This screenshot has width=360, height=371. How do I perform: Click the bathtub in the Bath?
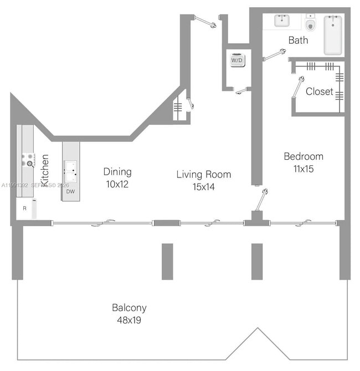point(333,34)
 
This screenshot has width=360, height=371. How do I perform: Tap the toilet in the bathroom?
point(310,24)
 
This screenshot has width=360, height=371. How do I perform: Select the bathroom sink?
point(282,21)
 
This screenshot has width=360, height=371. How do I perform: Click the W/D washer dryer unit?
point(236,59)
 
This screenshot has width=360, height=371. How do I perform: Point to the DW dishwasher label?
point(70,191)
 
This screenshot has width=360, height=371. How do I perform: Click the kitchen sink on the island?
point(70,167)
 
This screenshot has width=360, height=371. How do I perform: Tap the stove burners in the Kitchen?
point(27,161)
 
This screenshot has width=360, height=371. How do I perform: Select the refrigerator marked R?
point(25,209)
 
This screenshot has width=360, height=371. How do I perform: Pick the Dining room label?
point(117,172)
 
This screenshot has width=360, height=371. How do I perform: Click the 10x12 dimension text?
point(117,184)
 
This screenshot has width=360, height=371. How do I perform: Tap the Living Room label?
point(204,175)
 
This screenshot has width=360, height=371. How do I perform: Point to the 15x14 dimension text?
point(204,187)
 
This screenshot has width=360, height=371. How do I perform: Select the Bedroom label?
point(304,156)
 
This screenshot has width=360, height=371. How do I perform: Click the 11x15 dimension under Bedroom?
point(304,169)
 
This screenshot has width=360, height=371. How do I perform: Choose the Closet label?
point(320,92)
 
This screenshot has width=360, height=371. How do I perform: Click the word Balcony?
point(129,308)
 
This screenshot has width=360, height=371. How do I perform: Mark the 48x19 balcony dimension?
point(129,320)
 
